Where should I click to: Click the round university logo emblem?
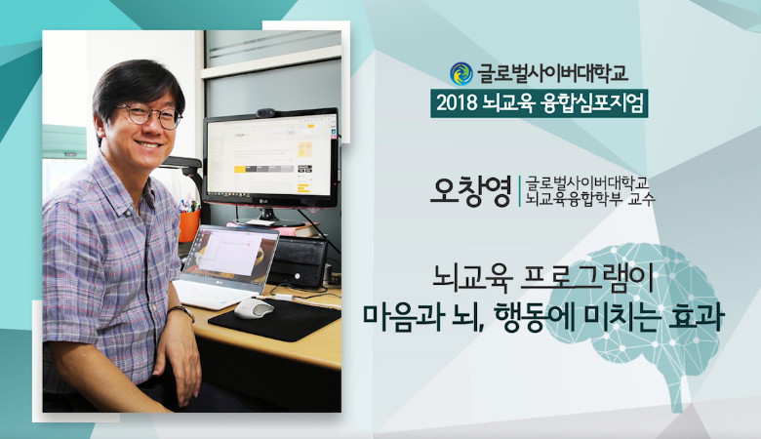pyautogui.click(x=461, y=74)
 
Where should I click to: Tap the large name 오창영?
pyautogui.click(x=471, y=191)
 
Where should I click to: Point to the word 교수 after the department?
pyautogui.click(x=642, y=199)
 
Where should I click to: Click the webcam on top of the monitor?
pyautogui.click(x=266, y=113)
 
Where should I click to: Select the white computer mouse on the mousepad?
pyautogui.click(x=254, y=308)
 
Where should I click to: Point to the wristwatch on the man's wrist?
pyautogui.click(x=182, y=311)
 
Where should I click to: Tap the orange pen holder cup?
pyautogui.click(x=189, y=225)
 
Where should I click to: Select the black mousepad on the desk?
pyautogui.click(x=275, y=320)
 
